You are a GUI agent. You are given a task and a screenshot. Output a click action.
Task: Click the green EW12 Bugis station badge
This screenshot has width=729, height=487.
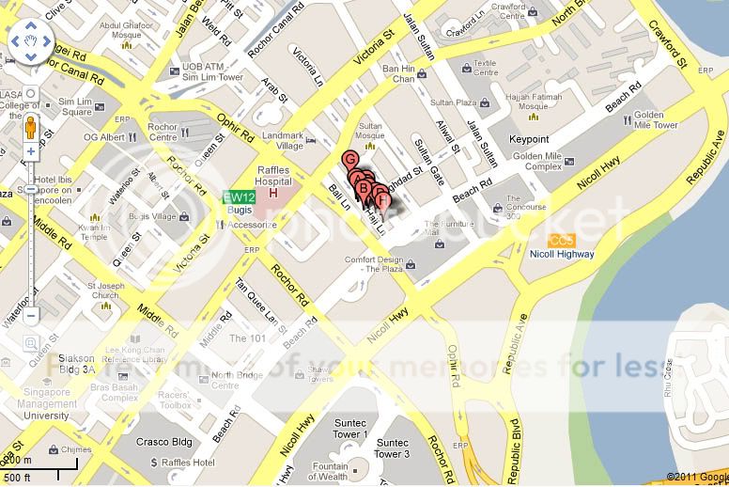[238, 197]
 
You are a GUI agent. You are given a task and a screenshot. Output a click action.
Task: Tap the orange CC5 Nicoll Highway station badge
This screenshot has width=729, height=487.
[562, 241]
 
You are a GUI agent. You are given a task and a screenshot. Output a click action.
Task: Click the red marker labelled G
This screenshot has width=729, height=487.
[350, 160]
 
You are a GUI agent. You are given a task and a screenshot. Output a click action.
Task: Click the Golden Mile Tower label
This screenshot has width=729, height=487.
[656, 120]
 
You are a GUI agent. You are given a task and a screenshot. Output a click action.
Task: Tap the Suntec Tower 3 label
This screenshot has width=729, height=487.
[392, 448]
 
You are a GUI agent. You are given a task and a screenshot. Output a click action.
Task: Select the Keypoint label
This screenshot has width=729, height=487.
[529, 138]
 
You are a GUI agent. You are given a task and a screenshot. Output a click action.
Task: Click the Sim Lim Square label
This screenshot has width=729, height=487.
[75, 105]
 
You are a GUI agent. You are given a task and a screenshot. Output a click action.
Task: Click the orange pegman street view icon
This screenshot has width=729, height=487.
[30, 126]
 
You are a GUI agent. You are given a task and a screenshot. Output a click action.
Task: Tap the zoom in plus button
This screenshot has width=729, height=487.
[30, 151]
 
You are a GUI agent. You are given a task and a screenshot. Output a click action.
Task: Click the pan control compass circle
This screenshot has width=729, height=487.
[30, 43]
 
